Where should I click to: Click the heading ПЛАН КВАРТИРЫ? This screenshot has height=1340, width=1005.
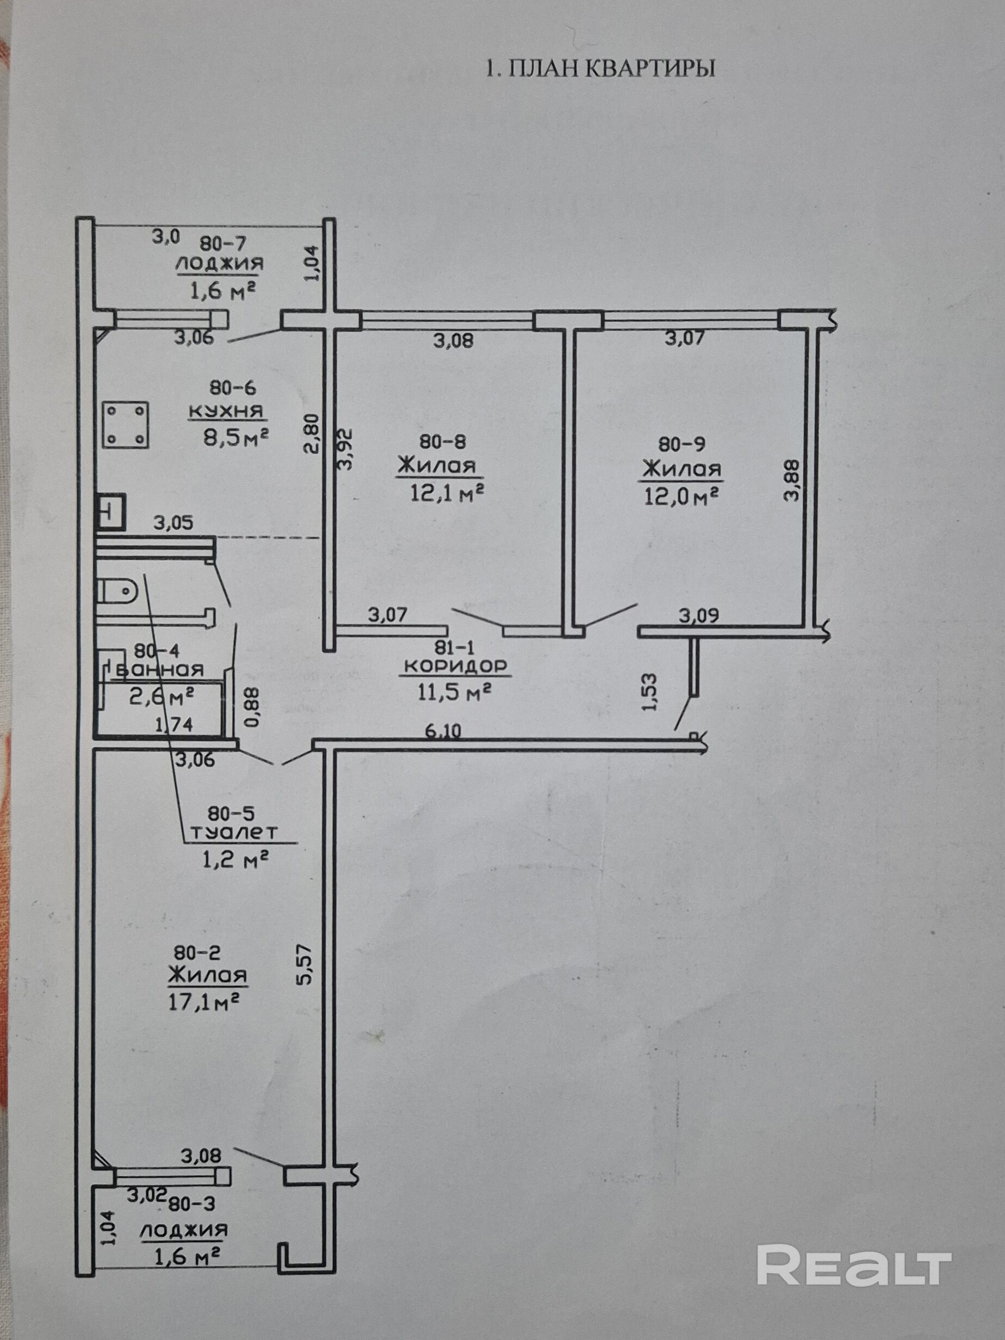tap(600, 68)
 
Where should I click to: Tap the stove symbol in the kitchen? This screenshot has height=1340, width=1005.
tap(126, 425)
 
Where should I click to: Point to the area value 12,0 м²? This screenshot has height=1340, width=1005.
tap(680, 497)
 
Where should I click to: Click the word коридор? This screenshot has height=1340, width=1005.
tap(456, 666)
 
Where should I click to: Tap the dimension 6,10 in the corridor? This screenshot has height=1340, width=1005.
tap(443, 731)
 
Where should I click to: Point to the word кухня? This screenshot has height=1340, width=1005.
tap(227, 411)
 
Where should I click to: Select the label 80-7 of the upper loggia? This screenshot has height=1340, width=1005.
tap(223, 244)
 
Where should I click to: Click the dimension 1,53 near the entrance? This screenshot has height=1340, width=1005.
tap(649, 692)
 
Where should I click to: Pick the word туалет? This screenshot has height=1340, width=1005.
tap(234, 833)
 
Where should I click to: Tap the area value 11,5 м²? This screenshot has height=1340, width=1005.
tap(454, 691)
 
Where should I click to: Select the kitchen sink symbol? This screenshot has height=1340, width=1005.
tap(111, 512)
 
